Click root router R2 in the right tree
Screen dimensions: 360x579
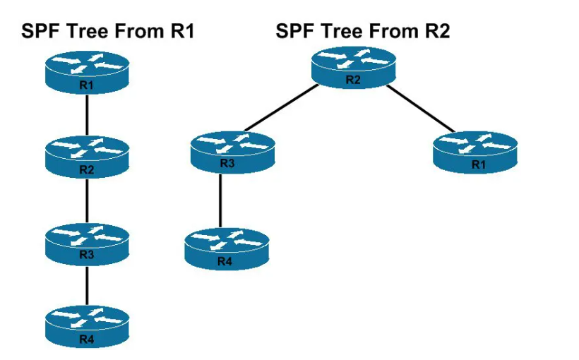point(353,68)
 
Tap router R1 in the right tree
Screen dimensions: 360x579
point(477,153)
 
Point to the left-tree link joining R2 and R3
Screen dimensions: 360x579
point(86,200)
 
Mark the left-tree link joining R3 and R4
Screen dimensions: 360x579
point(86,286)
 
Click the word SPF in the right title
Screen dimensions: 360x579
point(295,31)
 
